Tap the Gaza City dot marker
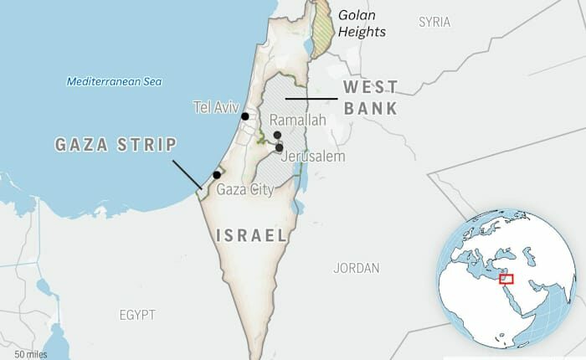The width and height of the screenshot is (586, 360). click(217, 175)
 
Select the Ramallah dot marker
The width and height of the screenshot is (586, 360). click(276, 135)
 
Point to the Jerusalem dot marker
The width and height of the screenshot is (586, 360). click(279, 147)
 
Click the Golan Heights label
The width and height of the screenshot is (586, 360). click(362, 23)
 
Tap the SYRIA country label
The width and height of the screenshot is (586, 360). click(434, 21)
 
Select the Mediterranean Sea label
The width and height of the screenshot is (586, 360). click(114, 81)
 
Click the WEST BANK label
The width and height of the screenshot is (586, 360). click(371, 97)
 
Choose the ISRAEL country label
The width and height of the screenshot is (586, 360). click(252, 235)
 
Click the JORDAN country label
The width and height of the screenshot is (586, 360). click(356, 269)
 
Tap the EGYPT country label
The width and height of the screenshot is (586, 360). click(136, 315)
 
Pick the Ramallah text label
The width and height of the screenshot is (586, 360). click(297, 121)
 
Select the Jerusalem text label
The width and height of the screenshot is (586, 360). click(313, 157)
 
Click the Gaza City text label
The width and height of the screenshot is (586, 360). click(245, 190)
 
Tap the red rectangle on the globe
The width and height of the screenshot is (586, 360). click(505, 279)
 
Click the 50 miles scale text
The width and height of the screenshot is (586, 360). click(31, 354)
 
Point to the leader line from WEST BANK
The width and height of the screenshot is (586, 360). click(311, 99)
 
